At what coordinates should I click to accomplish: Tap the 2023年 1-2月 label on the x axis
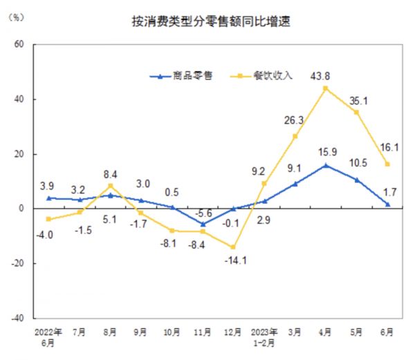click(x=264, y=336)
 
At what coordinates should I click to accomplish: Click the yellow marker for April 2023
click(x=326, y=88)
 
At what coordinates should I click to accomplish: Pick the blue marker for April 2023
click(x=326, y=165)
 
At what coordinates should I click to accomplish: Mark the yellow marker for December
click(x=234, y=247)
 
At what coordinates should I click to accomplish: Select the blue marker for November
click(x=203, y=224)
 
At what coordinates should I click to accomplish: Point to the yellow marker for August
click(x=111, y=186)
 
